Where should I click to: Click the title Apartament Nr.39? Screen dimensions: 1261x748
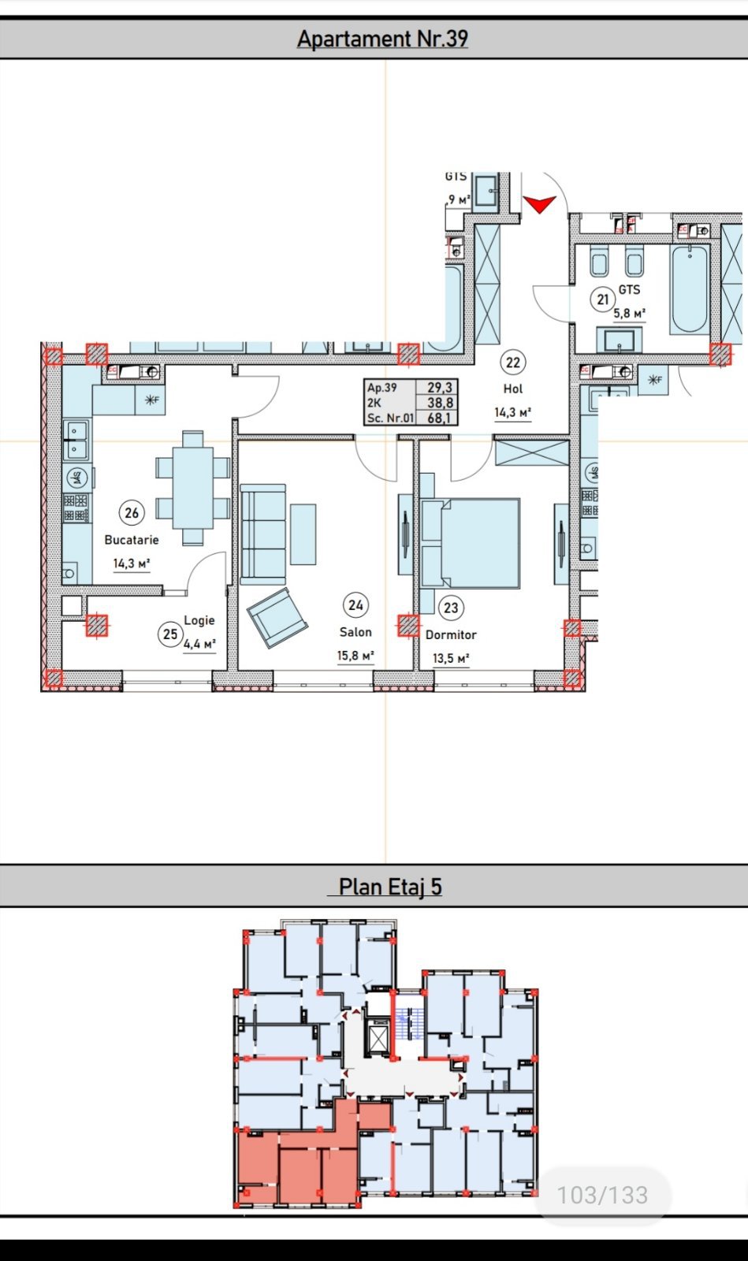click(382, 39)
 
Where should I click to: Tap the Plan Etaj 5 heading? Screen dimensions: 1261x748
click(390, 887)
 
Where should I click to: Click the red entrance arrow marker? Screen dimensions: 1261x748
click(540, 204)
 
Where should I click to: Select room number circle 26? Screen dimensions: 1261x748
click(132, 513)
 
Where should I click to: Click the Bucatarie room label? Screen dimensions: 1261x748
click(132, 540)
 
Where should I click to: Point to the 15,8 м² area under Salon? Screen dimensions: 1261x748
click(355, 655)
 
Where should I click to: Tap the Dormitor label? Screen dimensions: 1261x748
click(451, 634)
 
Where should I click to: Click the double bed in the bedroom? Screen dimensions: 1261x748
click(471, 543)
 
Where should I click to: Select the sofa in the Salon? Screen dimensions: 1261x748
click(263, 534)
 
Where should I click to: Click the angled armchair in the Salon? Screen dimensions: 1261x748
click(277, 618)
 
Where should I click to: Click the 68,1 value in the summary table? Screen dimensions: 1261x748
click(438, 418)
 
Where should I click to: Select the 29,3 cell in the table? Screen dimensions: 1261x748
click(439, 387)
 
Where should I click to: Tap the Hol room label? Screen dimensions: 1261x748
click(513, 389)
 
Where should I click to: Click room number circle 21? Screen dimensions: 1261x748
click(603, 299)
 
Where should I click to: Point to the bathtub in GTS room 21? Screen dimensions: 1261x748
click(690, 289)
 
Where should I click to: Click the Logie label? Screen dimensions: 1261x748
click(199, 620)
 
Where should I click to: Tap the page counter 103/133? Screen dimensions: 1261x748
click(602, 1195)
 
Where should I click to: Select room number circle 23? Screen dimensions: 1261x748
click(451, 608)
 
